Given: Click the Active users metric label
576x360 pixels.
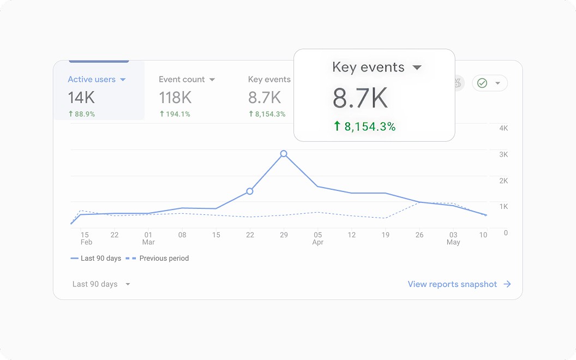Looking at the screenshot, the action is (92, 79).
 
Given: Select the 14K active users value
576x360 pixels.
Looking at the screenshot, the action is (82, 98).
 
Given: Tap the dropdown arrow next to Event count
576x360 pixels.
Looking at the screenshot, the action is (212, 80).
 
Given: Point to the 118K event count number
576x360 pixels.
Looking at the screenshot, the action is (175, 98).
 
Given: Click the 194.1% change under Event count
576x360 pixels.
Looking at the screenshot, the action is (175, 114).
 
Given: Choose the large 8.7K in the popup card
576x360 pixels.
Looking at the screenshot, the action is (360, 98).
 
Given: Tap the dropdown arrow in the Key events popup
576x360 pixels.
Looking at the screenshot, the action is (417, 68).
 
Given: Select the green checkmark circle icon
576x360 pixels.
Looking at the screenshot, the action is (482, 83).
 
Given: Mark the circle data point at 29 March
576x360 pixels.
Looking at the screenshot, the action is (284, 154).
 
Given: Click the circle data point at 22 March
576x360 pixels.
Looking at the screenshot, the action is (250, 191).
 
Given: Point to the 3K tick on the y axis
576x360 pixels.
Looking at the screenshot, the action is (503, 154).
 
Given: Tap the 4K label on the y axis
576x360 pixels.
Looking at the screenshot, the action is (503, 128).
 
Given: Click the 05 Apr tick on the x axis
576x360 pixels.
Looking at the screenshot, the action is (318, 238).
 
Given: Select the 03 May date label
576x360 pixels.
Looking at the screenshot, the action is (453, 238).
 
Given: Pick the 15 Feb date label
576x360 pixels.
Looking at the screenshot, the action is (86, 238).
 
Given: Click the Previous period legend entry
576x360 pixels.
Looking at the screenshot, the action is (157, 258).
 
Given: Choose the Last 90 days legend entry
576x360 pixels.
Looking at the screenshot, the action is (96, 258).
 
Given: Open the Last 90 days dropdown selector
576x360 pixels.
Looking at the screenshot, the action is (101, 284).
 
